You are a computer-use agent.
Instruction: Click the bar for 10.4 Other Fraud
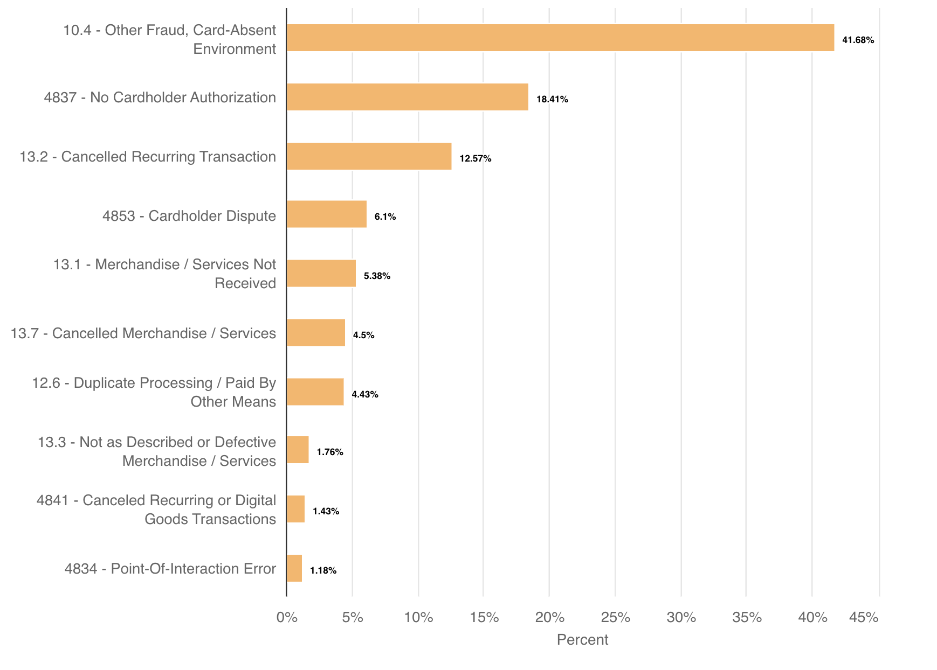coord(560,38)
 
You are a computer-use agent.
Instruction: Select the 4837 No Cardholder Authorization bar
coord(408,97)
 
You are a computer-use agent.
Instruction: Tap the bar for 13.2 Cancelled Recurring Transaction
coord(369,156)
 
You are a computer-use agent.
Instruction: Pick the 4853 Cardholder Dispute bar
coord(327,214)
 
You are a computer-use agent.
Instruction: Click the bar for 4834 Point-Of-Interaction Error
coord(294,568)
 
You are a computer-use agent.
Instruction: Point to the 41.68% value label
coord(858,40)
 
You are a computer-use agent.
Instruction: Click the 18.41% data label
coord(552,99)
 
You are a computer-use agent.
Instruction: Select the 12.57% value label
coord(475,158)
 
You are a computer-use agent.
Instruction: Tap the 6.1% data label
coord(385,217)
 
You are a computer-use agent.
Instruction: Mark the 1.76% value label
coord(329,452)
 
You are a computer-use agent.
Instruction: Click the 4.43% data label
coord(364,394)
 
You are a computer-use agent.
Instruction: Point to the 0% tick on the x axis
coord(287,617)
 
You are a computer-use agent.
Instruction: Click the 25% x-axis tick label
coord(616,617)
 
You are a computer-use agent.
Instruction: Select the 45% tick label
coord(864,617)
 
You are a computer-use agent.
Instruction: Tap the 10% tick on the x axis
coord(418,617)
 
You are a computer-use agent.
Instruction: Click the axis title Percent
coord(582,640)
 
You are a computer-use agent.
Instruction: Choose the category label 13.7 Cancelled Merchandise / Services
coord(143,333)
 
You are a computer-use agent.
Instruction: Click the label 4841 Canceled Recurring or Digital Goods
coord(156,510)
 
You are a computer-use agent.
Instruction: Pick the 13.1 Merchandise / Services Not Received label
coord(165,274)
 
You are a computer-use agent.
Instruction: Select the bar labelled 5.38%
coord(321,274)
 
